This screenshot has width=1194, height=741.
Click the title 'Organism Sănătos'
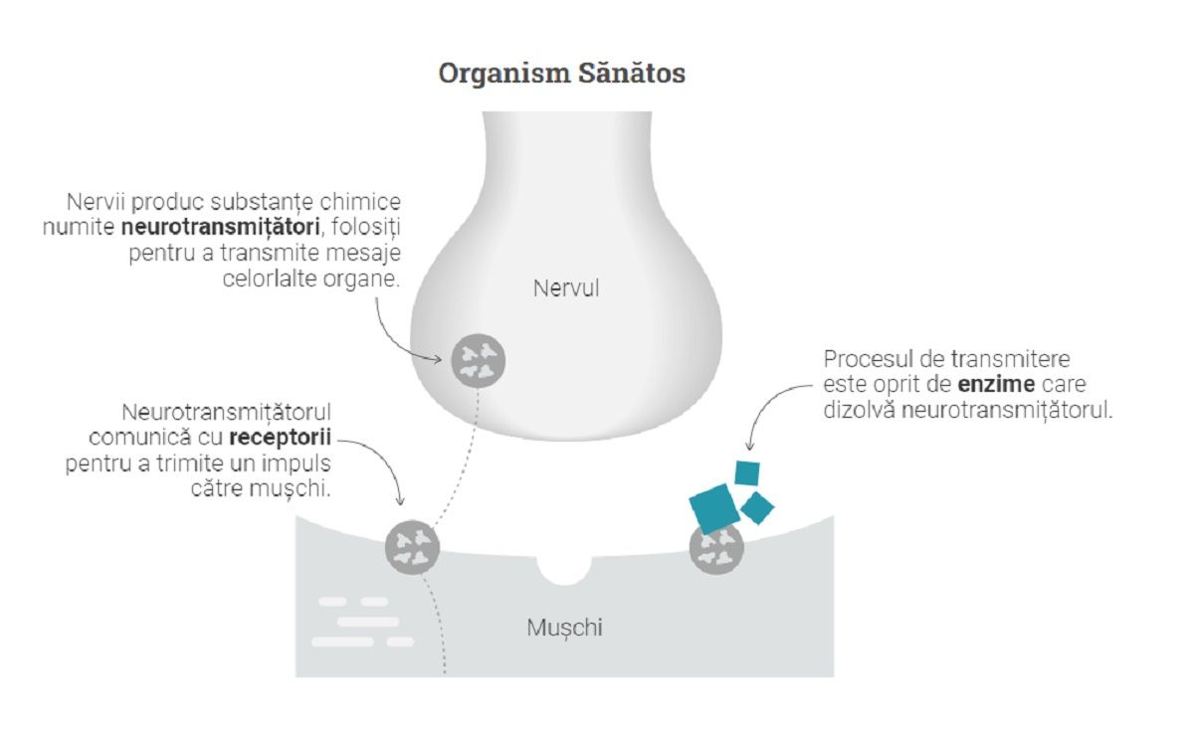click(x=561, y=75)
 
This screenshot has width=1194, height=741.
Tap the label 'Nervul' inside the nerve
click(x=566, y=289)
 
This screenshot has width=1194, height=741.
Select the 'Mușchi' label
click(x=564, y=628)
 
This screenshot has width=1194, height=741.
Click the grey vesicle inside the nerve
click(x=480, y=359)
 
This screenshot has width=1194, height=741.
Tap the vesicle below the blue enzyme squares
click(x=716, y=547)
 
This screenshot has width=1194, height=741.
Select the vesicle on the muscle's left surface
click(x=412, y=546)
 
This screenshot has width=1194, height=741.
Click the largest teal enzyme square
click(x=713, y=508)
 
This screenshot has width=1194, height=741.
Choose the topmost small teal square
click(x=747, y=471)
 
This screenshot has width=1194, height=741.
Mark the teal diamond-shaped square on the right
click(x=757, y=508)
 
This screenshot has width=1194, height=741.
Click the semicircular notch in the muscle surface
click(x=563, y=568)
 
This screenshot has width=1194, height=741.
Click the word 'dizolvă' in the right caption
click(x=859, y=409)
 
